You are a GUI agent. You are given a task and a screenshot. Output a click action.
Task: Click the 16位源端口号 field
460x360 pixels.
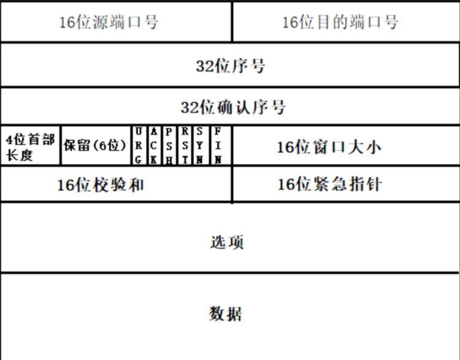(109, 23)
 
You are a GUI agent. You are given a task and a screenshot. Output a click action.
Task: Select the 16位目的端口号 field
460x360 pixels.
(340, 23)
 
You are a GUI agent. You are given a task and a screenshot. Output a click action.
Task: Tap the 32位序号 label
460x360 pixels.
(231, 66)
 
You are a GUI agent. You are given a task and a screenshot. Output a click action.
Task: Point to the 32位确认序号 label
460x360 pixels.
(233, 108)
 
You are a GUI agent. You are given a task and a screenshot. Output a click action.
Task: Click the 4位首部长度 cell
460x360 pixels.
(31, 147)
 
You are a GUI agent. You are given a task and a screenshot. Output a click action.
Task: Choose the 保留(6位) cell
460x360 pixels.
(95, 146)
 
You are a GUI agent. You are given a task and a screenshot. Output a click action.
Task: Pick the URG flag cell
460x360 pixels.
(139, 146)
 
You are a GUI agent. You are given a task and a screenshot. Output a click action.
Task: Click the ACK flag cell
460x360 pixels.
(154, 146)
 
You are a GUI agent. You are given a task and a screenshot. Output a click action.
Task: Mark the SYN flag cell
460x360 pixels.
(201, 146)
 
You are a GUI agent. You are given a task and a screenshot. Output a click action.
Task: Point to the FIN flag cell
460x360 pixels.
(218, 146)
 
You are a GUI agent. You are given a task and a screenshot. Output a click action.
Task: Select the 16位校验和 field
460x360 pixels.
(101, 185)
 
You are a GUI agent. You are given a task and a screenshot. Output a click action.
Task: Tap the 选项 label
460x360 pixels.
(227, 242)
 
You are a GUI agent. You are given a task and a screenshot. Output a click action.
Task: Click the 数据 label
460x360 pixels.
(226, 314)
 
